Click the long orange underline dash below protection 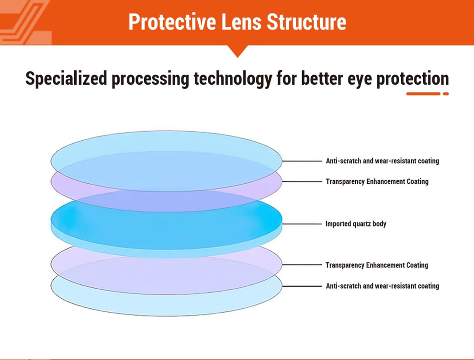pyautogui.click(x=423, y=94)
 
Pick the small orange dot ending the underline pyautogui.click(x=446, y=94)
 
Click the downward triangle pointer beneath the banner pyautogui.click(x=237, y=51)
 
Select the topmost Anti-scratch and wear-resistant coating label pyautogui.click(x=382, y=161)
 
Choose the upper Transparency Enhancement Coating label pyautogui.click(x=377, y=182)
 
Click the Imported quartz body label pyautogui.click(x=356, y=224)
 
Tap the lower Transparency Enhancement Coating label pyautogui.click(x=377, y=265)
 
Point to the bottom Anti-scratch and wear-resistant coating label pyautogui.click(x=382, y=286)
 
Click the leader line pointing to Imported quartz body pyautogui.click(x=302, y=224)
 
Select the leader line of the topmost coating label pyautogui.click(x=302, y=161)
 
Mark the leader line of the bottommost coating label pyautogui.click(x=302, y=286)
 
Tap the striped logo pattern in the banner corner pyautogui.click(x=24, y=22)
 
